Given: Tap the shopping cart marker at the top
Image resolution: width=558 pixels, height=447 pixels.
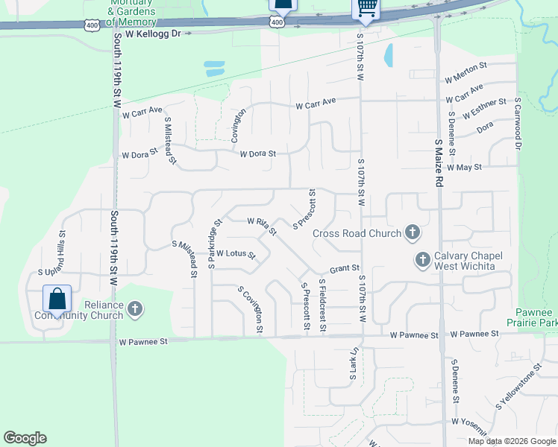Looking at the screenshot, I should pyautogui.click(x=366, y=7).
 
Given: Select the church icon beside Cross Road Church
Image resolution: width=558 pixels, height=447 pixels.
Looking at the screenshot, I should pyautogui.click(x=412, y=233).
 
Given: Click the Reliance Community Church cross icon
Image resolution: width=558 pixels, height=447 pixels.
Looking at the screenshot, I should pyautogui.click(x=135, y=309).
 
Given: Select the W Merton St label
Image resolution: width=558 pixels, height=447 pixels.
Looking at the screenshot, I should pyautogui.click(x=465, y=73).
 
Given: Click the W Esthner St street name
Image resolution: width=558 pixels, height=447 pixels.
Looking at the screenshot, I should pyautogui.click(x=484, y=109).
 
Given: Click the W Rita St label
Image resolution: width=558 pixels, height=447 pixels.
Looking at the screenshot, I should pyautogui.click(x=262, y=225).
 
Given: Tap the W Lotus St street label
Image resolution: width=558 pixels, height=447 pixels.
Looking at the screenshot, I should pyautogui.click(x=236, y=255).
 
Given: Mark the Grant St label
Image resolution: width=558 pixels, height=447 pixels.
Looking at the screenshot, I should pyautogui.click(x=345, y=268).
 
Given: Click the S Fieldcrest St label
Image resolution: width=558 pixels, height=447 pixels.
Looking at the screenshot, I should pyautogui.click(x=322, y=305).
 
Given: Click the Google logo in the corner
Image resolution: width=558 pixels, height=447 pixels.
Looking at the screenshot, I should pyautogui.click(x=25, y=438).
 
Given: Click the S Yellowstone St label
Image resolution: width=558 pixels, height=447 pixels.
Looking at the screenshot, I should pyautogui.click(x=518, y=389).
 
